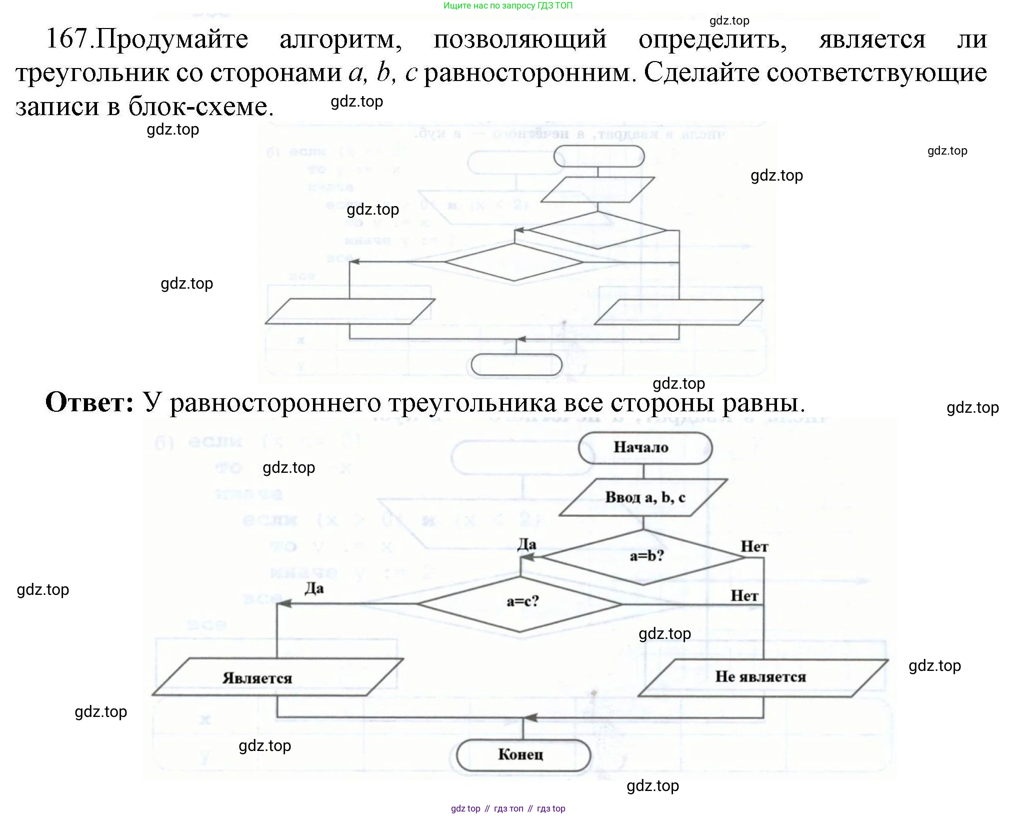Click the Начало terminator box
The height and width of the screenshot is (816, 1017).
644,447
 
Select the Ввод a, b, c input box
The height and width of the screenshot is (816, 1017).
643,497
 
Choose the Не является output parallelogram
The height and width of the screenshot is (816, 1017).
761,677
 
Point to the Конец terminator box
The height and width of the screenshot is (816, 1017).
521,755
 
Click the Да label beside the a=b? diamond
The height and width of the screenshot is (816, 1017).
526,544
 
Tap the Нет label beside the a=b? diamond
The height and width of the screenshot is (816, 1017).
754,547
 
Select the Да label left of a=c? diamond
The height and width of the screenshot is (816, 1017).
314,588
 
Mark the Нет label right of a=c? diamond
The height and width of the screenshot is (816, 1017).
744,596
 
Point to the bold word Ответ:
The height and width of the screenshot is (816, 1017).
90,402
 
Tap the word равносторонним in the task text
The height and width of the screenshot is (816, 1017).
529,73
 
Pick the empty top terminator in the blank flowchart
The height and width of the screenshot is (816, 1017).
598,157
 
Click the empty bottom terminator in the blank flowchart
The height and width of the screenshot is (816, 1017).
516,365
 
